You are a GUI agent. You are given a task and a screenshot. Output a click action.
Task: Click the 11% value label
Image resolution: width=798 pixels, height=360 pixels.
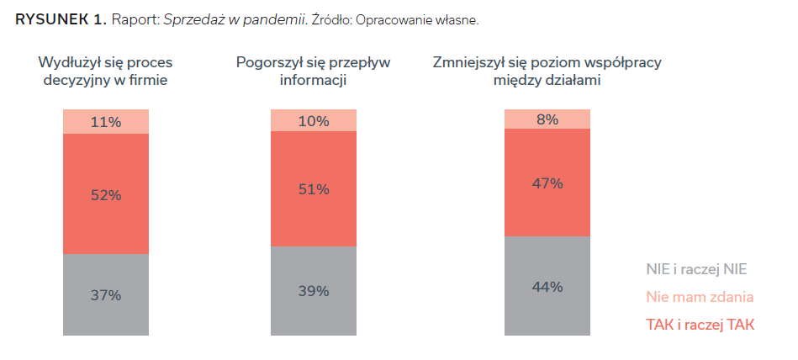106,122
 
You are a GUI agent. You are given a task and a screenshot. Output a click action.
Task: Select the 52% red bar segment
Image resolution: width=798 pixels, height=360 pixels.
106,195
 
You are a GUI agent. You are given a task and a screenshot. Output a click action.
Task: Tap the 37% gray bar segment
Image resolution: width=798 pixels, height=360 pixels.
106,295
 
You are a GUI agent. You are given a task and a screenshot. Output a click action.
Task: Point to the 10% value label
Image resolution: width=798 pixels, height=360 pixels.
313,121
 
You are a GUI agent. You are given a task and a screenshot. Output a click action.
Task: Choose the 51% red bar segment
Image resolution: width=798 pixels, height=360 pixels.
313,189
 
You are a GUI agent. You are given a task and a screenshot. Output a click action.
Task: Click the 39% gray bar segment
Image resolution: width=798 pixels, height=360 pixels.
313,291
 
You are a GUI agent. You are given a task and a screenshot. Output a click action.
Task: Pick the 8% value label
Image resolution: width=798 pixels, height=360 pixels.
547,119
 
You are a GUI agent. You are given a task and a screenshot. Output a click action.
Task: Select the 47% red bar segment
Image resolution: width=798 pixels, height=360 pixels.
547,183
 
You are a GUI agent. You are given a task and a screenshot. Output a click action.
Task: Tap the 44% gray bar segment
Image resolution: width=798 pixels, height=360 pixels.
547,287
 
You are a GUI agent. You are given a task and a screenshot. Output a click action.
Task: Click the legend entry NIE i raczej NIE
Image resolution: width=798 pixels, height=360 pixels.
696,269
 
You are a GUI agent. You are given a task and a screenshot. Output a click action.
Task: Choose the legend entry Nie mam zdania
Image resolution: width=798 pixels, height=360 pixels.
700,296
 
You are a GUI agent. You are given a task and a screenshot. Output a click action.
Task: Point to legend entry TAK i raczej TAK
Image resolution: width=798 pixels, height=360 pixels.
700,324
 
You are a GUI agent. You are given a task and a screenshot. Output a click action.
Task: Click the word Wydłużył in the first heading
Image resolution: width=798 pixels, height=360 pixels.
70,63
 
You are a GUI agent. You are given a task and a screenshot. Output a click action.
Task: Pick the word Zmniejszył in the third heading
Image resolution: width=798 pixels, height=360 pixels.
470,63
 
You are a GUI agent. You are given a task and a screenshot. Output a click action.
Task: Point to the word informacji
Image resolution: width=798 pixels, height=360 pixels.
313,81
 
